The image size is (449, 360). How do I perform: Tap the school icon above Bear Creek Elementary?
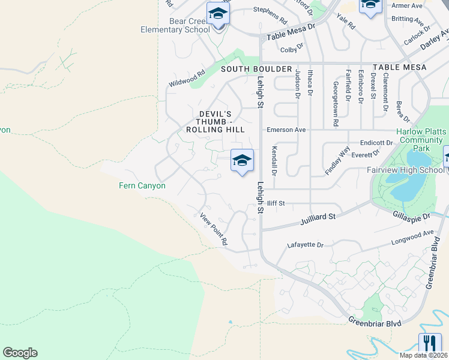point(218,14)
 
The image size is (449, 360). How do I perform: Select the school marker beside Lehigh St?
point(242,161)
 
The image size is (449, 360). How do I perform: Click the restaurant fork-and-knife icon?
point(430,343)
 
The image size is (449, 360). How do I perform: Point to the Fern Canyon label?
point(142,186)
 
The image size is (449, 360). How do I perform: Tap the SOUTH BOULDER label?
point(256,69)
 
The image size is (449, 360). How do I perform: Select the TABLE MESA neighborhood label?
point(399,67)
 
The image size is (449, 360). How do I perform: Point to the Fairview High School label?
point(405,170)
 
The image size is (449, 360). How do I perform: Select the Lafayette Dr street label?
point(305,245)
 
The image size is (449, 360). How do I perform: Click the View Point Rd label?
point(214,229)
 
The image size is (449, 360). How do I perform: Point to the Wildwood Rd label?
point(187,78)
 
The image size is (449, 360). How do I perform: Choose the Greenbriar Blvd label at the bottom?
point(373,322)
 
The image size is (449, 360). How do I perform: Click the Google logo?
point(20,353)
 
